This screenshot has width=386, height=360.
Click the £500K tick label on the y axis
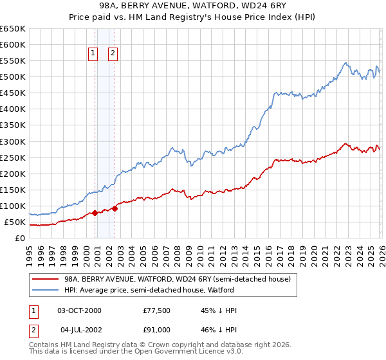(x=13, y=77)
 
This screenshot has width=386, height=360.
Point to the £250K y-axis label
(x=13, y=157)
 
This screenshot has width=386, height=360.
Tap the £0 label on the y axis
(x=21, y=239)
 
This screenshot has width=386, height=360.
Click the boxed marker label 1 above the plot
(x=93, y=53)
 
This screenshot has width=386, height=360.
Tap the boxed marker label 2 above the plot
(x=113, y=53)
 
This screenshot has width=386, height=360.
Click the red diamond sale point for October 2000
(x=95, y=213)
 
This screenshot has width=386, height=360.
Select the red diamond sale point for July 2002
(x=115, y=208)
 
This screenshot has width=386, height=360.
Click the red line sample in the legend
(x=46, y=279)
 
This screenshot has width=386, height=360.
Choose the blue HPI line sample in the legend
(x=46, y=290)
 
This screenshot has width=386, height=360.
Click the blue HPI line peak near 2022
(x=345, y=63)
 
